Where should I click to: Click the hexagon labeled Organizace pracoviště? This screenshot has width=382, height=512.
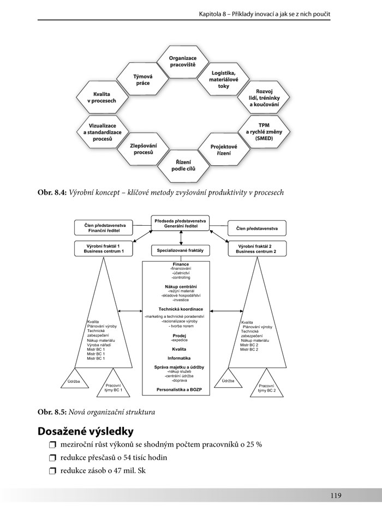182,61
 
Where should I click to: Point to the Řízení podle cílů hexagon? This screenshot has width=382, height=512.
183,166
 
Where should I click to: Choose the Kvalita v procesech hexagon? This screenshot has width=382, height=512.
102,98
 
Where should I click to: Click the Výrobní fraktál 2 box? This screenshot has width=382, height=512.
256,248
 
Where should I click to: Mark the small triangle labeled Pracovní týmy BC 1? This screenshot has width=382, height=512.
113,387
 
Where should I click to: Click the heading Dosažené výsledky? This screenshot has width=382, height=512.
85,431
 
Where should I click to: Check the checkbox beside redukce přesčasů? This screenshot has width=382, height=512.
52,458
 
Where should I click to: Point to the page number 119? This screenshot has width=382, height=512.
335,495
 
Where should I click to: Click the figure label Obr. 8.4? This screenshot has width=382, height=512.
52,192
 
